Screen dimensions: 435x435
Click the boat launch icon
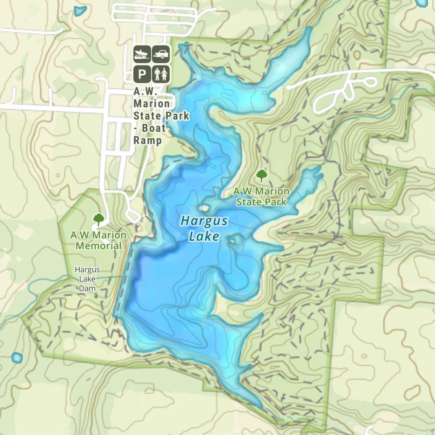pos(142,54)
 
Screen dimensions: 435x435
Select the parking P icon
pos(142,74)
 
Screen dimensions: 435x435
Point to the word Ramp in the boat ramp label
pos(147,141)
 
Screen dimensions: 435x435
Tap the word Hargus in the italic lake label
pos(204,221)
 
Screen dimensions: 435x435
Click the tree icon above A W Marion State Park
pos(261,176)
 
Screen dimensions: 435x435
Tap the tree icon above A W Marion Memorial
pos(99,219)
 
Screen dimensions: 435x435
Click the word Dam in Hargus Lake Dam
pos(87,288)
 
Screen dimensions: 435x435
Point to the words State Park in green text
pos(261,202)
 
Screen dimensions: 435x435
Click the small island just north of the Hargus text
pos(204,208)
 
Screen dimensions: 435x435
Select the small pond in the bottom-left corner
pos(17,358)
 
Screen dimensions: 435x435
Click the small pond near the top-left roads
pos(80,11)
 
